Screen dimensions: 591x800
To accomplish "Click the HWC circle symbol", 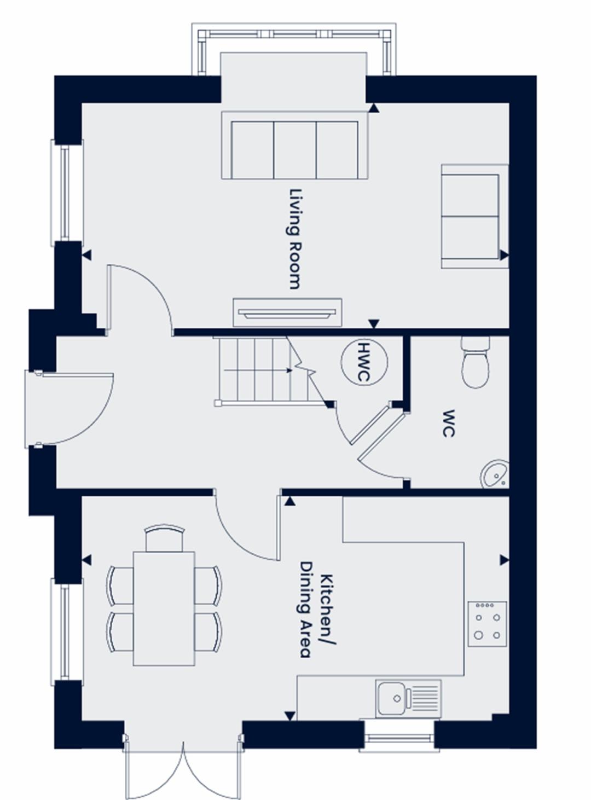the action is tap(364, 362).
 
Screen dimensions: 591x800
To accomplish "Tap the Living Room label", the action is tap(295, 239).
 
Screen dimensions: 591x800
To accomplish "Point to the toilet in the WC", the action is tap(476, 362).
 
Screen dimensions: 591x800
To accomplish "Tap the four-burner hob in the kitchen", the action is tap(487, 624).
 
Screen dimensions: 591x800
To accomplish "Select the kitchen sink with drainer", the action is tap(408, 699).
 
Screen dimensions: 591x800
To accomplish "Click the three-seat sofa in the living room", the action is tap(295, 146).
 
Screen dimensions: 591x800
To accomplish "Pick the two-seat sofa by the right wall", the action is tap(475, 216).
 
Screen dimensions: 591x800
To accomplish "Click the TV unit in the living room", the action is tap(287, 312).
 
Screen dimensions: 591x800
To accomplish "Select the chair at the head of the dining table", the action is tap(164, 538).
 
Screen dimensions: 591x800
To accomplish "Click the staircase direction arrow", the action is tap(258, 370).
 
